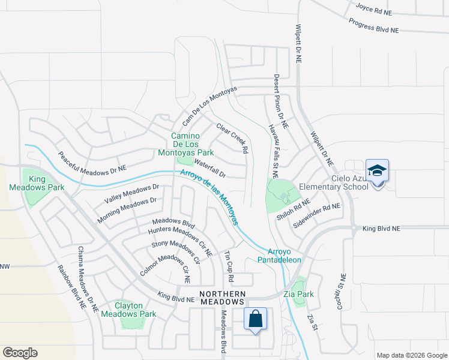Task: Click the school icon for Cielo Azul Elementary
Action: click(377, 172)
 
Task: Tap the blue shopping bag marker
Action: click(256, 319)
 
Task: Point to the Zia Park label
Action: click(298, 295)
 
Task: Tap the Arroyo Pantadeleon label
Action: click(279, 255)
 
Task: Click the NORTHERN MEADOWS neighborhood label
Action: click(223, 298)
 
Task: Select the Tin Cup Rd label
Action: click(228, 264)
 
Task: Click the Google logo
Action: click(20, 353)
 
